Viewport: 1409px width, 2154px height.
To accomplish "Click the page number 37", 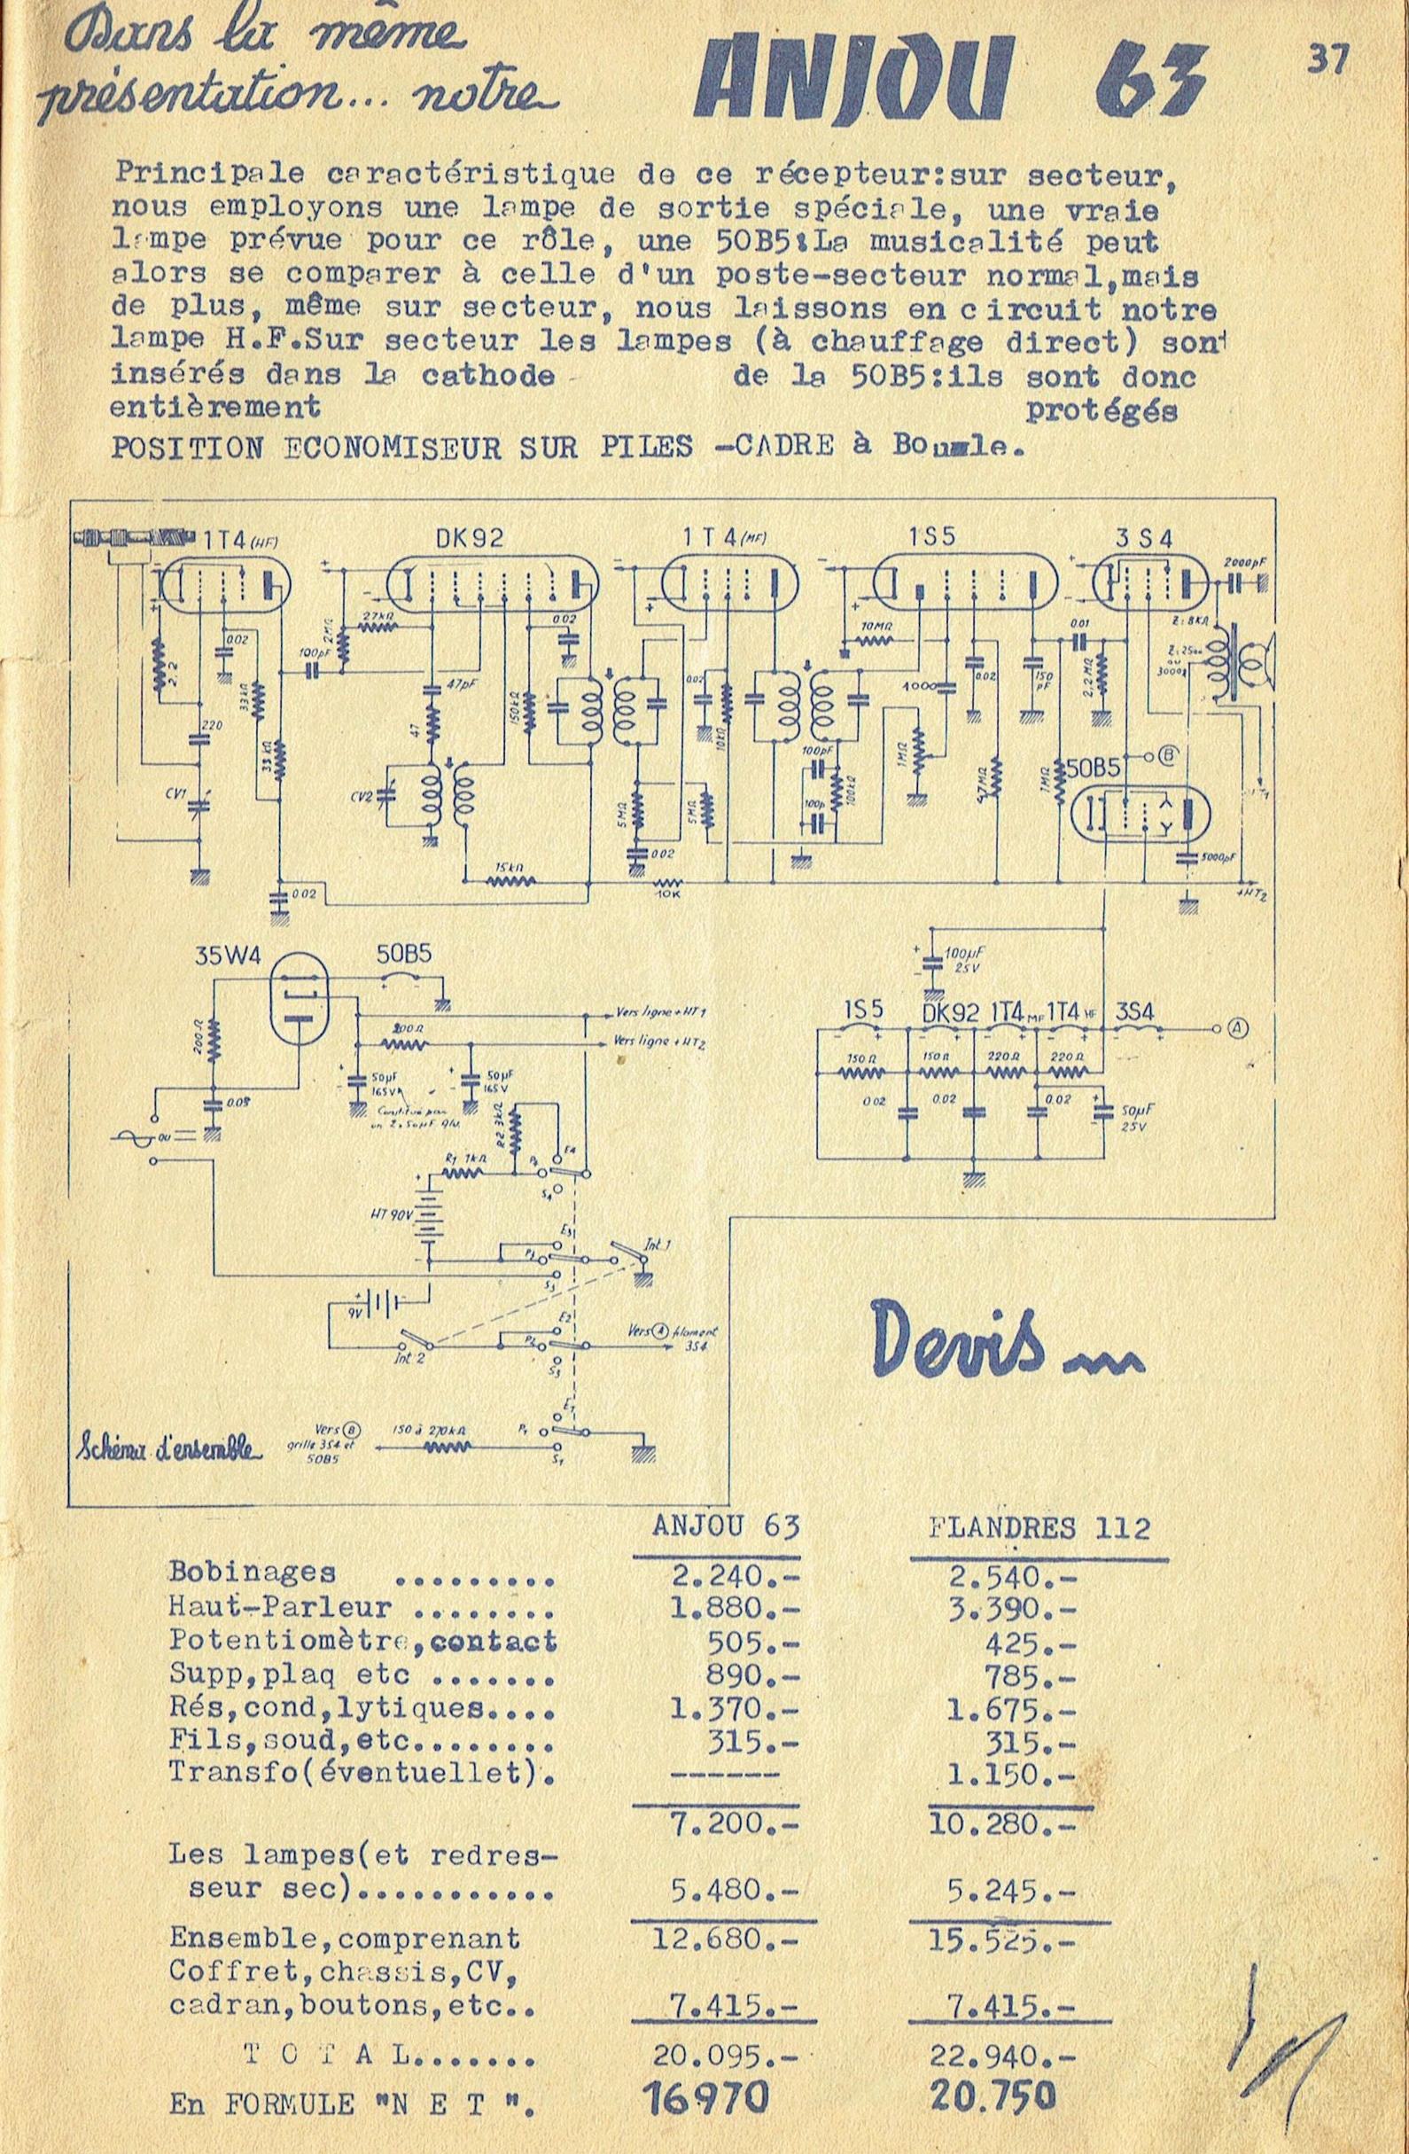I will tap(1327, 61).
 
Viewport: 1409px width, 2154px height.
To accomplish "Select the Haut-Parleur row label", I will tap(281, 1607).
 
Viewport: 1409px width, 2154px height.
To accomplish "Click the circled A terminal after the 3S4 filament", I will tap(1238, 1026).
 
